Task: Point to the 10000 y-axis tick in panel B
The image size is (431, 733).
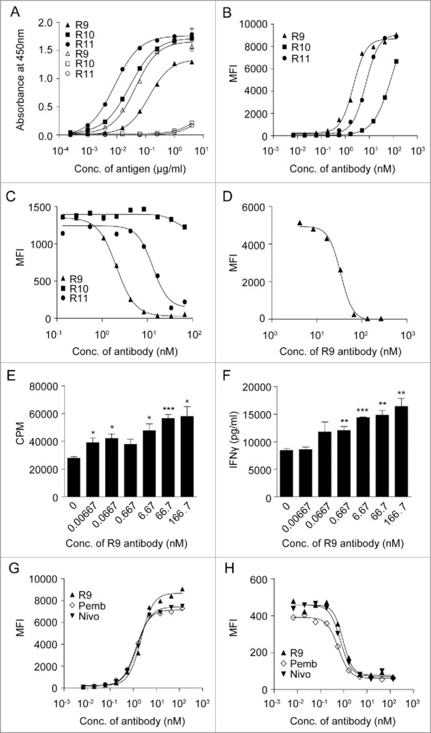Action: point(250,23)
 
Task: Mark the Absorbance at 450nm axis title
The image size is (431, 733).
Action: point(20,78)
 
